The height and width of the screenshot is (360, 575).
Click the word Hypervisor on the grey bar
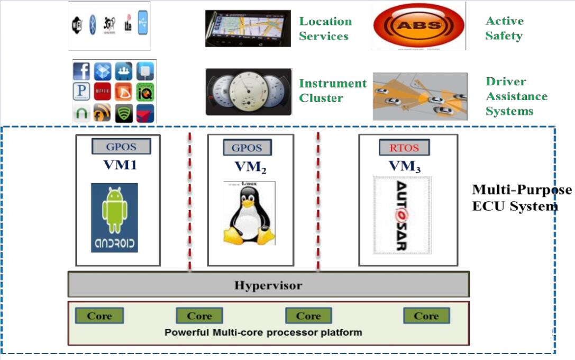(x=268, y=286)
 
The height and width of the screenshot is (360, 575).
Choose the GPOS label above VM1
(x=121, y=146)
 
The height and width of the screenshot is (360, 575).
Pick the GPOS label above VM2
(x=247, y=148)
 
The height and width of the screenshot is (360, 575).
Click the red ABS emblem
(x=418, y=25)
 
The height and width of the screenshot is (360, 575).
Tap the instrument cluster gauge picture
(x=248, y=92)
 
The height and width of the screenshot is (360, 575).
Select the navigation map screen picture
(x=248, y=28)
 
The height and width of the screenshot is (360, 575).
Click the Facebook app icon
(x=81, y=71)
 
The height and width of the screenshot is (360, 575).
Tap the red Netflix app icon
(x=103, y=91)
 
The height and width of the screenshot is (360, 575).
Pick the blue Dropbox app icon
(x=103, y=71)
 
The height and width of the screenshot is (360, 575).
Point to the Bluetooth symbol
(x=92, y=25)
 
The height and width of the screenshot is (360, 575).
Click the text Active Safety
(x=504, y=29)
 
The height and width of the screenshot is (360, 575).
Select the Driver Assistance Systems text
(x=516, y=96)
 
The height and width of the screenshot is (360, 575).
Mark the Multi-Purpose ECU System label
(x=521, y=197)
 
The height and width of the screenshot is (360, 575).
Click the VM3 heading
(x=405, y=166)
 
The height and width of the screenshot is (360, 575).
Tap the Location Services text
(x=325, y=29)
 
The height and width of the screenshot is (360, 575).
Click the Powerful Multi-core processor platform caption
(x=263, y=332)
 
